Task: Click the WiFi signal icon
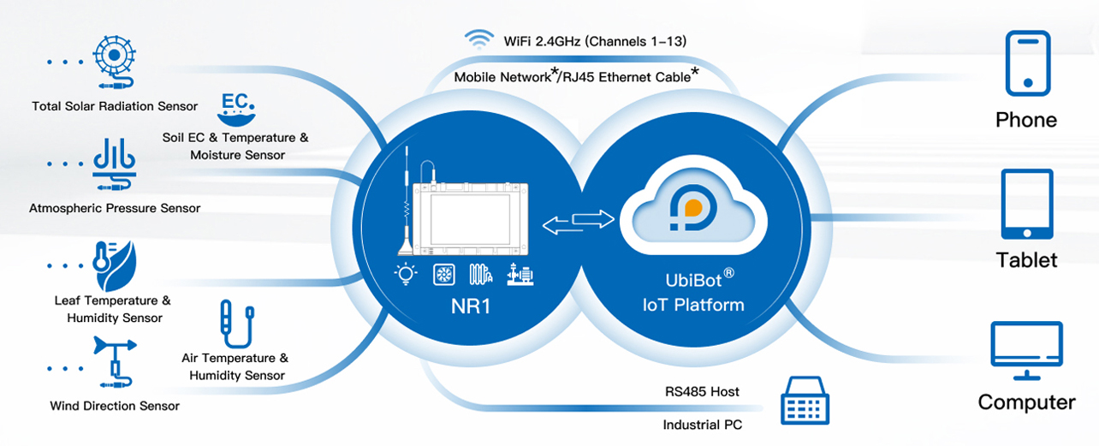(478, 39)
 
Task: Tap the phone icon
(1026, 63)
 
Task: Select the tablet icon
(1026, 204)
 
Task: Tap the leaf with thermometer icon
(113, 267)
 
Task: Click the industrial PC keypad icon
(805, 401)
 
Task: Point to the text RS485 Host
(702, 392)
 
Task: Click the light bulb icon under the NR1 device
(405, 274)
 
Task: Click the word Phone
(1026, 120)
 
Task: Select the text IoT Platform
(692, 305)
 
